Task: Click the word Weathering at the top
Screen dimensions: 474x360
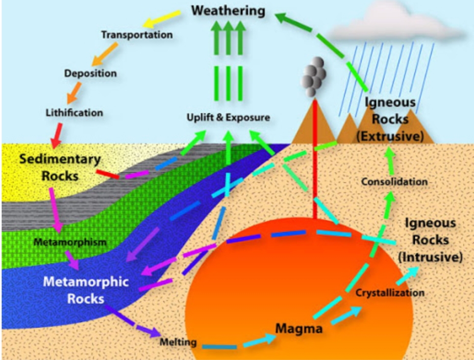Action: click(228, 11)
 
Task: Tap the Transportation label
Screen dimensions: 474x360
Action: click(137, 35)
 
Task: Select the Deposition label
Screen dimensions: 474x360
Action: click(90, 73)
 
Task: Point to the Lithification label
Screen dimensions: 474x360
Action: click(75, 113)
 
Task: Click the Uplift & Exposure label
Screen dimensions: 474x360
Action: click(228, 117)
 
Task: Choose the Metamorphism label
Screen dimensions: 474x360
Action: click(70, 242)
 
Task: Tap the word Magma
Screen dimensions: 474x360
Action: click(299, 329)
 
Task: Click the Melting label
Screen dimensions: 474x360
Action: click(178, 342)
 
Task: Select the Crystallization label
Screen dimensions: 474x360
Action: click(390, 293)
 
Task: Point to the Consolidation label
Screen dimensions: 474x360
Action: click(395, 182)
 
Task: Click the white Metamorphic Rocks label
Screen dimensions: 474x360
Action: click(86, 290)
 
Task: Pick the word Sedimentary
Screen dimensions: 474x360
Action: click(60, 159)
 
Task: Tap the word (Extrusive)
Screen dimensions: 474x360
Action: click(390, 136)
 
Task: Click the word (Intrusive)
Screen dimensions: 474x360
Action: click(430, 257)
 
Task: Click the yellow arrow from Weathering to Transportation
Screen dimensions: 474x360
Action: click(162, 19)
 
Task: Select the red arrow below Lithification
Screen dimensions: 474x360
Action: click(56, 135)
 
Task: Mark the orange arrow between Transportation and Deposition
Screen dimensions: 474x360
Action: click(104, 54)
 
